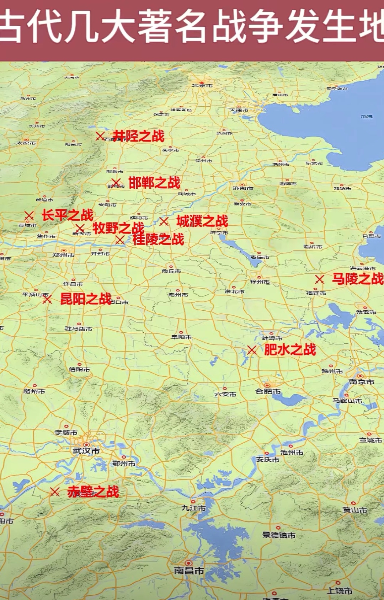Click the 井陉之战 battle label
point(139,136)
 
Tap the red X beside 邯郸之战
point(116,183)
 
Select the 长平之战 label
point(68,215)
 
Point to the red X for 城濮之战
point(164,221)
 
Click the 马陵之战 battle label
point(358,279)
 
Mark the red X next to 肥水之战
point(252,350)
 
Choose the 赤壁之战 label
point(93,492)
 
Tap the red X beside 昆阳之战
point(47,299)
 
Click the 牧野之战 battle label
point(118,228)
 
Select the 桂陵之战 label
point(158,239)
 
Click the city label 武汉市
point(86,451)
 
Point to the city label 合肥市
point(268,391)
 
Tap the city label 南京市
point(361,382)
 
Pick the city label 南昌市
point(189,570)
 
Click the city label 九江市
point(194,508)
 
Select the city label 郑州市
point(64,255)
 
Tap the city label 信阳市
point(79,369)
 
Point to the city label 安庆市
point(268,459)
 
